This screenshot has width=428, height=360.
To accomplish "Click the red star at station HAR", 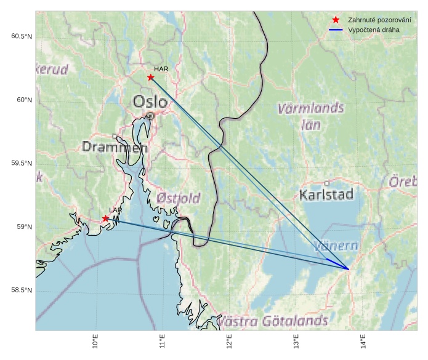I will pos(151,78).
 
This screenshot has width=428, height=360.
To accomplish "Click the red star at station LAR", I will pos(106,218).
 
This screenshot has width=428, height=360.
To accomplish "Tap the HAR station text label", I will pos(161,69).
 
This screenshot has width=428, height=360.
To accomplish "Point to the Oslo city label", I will pos(150,102).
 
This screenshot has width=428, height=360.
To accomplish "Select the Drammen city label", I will pos(115,148).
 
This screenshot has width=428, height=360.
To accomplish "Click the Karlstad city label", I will pos(326,195).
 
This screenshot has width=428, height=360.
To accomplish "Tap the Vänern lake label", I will pos(336,246).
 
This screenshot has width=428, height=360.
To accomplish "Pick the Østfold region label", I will pos(178,198).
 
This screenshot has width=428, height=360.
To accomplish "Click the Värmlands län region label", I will pos(310,116).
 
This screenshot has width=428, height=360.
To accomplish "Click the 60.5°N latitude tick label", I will pos(22,36).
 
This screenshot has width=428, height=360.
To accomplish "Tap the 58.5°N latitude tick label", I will pos(22,290).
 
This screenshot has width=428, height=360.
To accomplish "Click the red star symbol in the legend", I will pos(336,20).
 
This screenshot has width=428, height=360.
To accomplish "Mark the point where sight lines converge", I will pos(349,269).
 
